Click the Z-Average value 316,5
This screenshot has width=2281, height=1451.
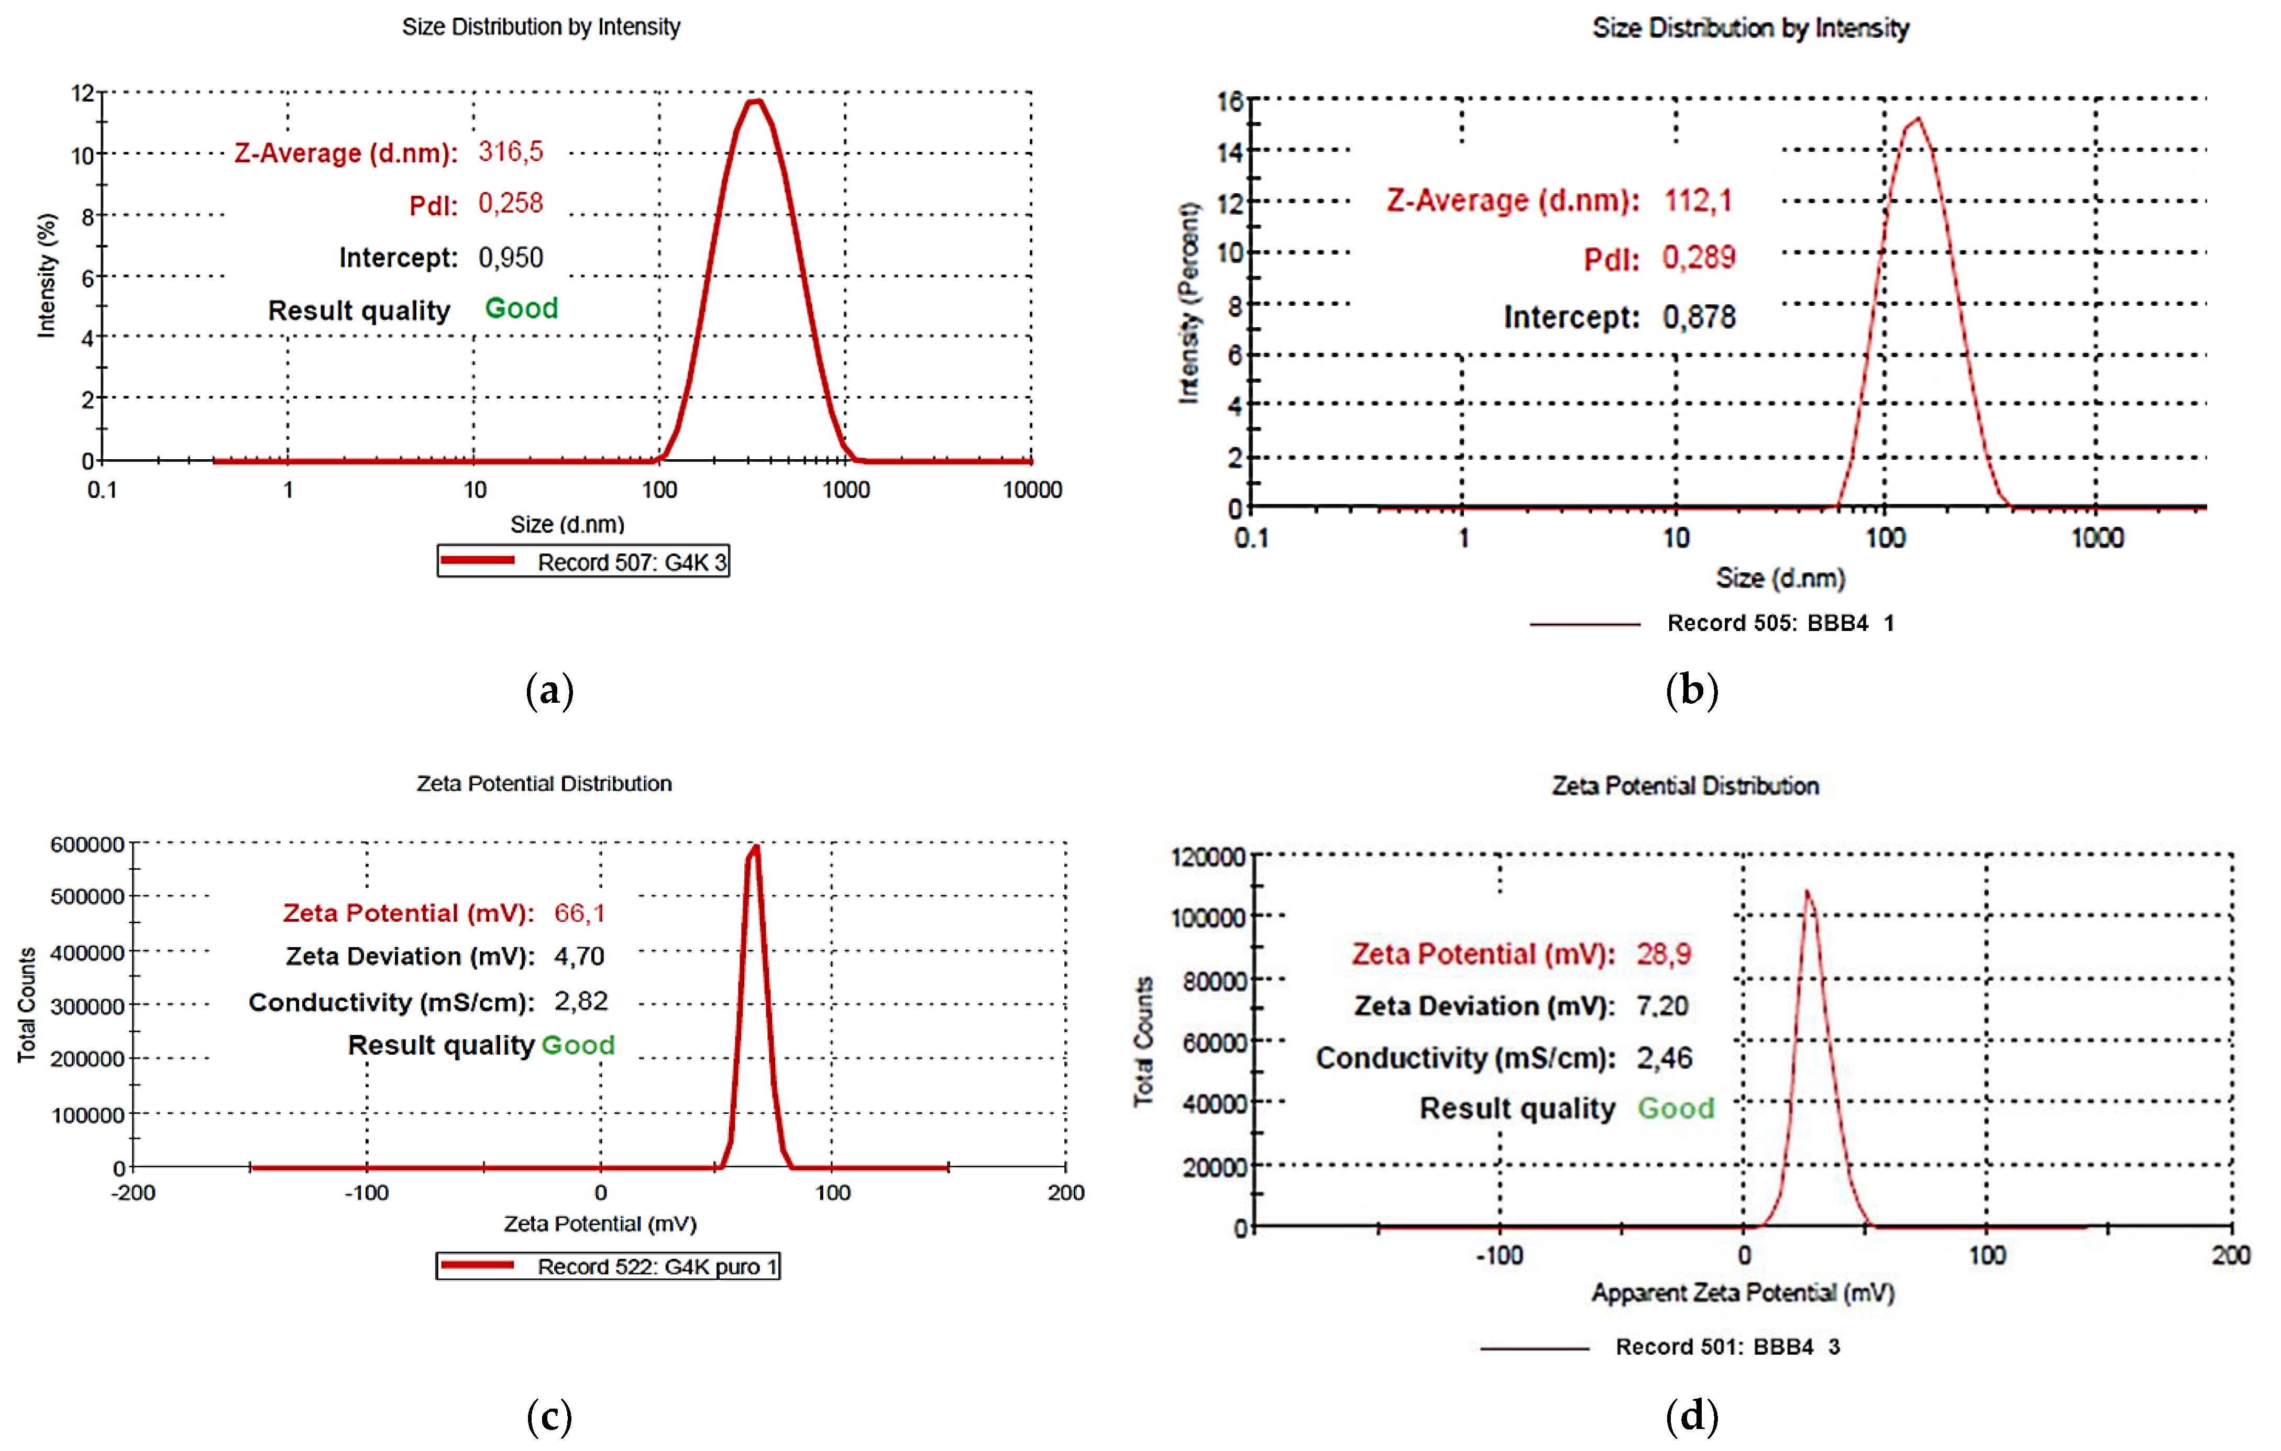(511, 151)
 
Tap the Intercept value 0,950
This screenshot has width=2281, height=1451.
(511, 258)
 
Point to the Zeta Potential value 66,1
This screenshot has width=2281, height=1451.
(579, 913)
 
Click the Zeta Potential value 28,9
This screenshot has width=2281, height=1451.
(1663, 954)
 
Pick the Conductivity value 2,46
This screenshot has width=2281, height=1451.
(1663, 1058)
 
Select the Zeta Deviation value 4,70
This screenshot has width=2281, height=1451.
(579, 957)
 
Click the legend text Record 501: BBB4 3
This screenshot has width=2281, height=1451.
(1727, 1347)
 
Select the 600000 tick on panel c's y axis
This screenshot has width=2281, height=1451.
(87, 845)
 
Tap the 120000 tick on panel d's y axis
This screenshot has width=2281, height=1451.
(1208, 857)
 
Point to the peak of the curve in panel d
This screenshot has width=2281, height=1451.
(1808, 892)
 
